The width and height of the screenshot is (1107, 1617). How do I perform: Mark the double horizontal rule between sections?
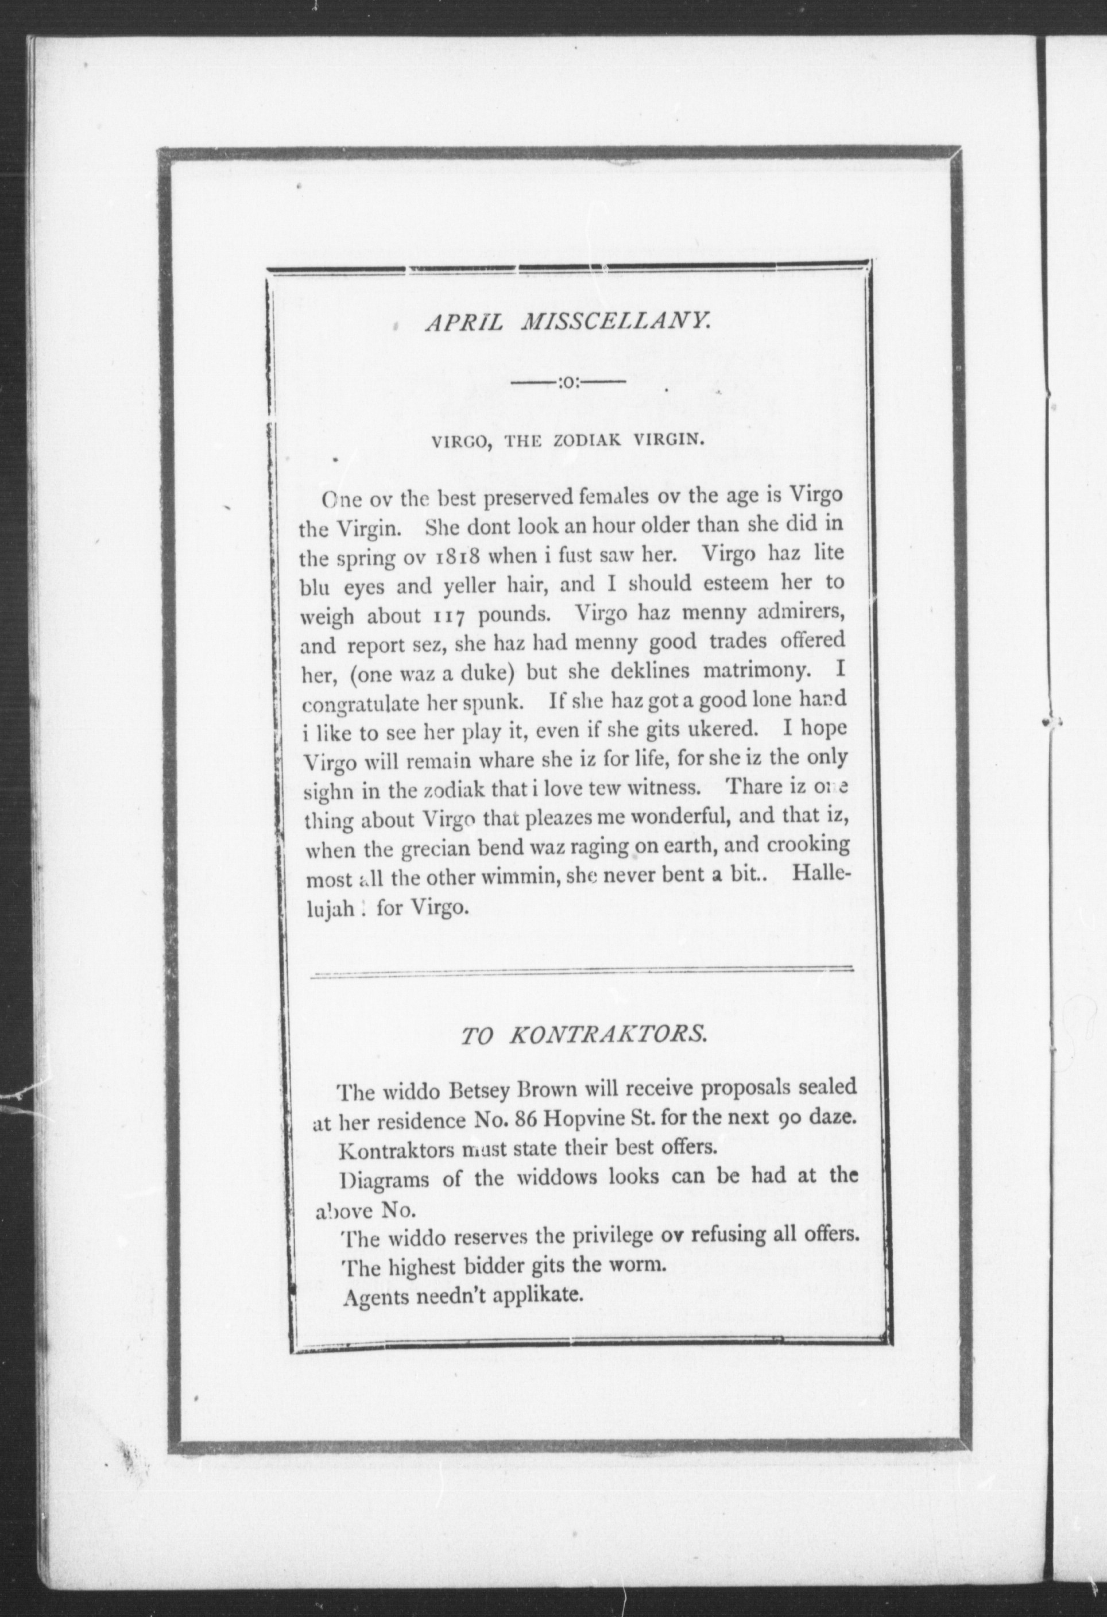[582, 972]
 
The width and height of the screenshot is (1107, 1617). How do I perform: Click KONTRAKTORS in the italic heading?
[609, 1036]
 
